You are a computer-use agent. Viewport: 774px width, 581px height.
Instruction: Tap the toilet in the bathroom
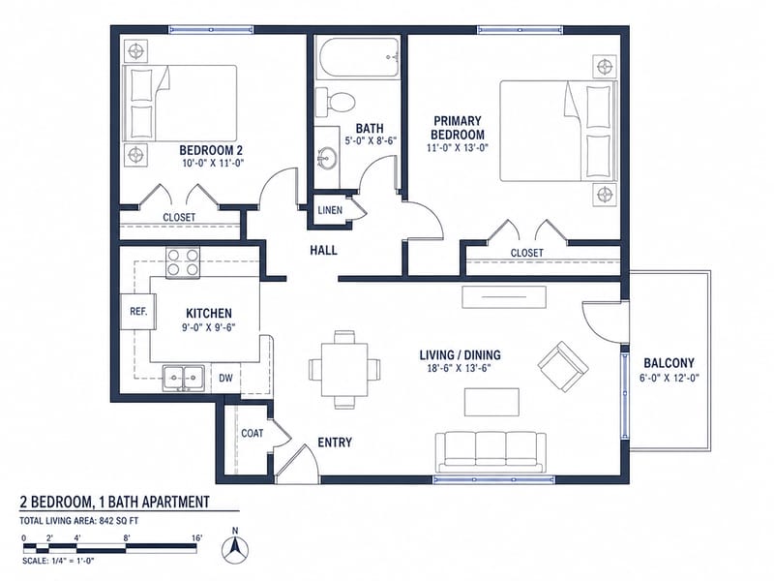[x=335, y=103]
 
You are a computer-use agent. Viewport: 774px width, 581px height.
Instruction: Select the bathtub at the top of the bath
[x=359, y=58]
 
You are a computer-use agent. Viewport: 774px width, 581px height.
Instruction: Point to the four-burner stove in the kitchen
[x=183, y=262]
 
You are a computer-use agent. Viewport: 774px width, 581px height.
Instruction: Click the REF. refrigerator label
[x=138, y=312]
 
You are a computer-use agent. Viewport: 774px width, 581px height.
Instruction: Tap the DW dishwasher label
[x=225, y=379]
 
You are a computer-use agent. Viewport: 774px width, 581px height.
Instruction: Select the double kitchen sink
[x=184, y=379]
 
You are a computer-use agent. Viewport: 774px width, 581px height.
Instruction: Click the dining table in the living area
[x=344, y=370]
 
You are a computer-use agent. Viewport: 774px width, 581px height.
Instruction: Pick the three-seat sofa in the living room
[x=491, y=452]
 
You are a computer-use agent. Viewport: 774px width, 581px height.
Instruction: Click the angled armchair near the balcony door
[x=563, y=366]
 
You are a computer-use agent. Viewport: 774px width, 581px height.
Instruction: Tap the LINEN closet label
[x=330, y=210]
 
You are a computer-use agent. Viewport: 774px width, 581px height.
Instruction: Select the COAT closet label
[x=253, y=433]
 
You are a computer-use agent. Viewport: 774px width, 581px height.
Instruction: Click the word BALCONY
[x=669, y=363]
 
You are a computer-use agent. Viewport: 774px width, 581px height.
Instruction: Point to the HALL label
[x=324, y=251]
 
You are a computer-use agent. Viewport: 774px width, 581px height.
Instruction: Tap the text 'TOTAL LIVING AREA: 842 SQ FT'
[x=79, y=520]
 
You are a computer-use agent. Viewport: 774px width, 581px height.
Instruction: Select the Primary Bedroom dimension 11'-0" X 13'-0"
[x=458, y=147]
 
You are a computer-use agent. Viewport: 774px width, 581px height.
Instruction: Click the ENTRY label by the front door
[x=335, y=443]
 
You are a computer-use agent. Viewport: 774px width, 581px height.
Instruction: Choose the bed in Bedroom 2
[x=179, y=103]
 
